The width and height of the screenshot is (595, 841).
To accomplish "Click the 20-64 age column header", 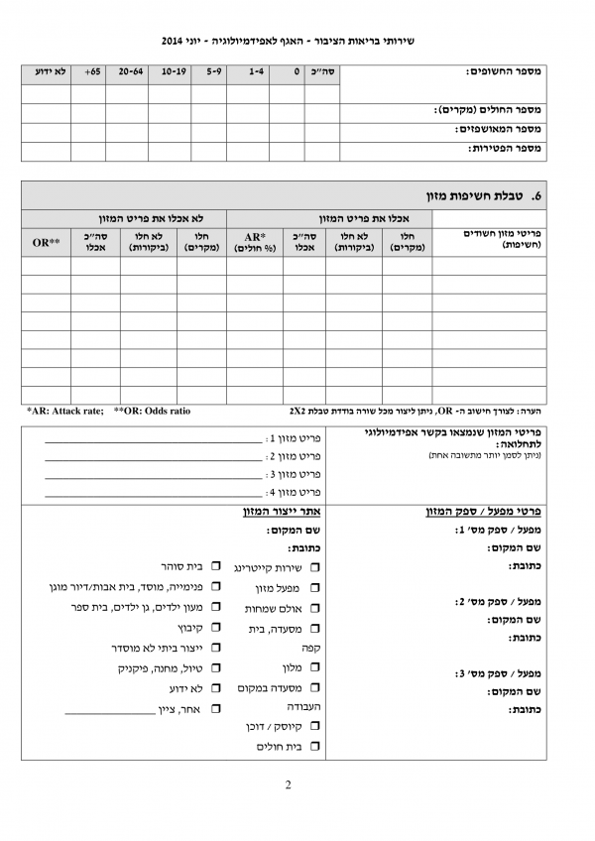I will coord(130,72).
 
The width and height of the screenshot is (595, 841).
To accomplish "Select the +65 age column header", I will coord(92,72).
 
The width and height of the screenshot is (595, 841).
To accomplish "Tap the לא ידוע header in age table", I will coord(50,72).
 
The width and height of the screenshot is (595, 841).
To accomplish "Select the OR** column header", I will coord(47,240).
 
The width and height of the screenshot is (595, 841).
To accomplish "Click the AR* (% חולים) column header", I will coord(255,240).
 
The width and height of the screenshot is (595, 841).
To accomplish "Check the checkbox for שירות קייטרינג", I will coord(315,568).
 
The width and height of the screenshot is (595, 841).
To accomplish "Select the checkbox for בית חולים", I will coord(315,746).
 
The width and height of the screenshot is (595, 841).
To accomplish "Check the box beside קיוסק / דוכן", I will coord(315,727).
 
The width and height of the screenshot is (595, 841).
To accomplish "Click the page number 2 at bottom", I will coord(288,786).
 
